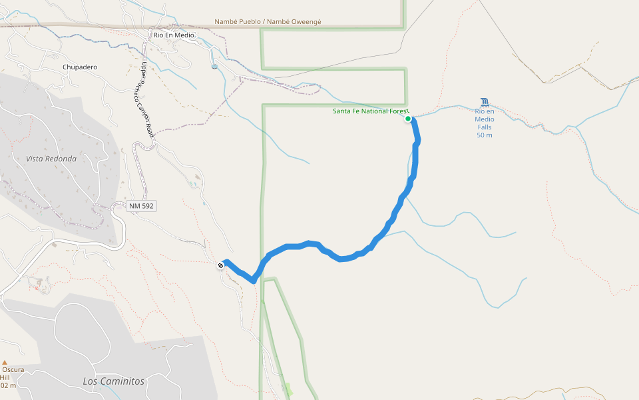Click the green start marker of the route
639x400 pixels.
(x=408, y=119)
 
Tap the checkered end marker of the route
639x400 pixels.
(x=221, y=265)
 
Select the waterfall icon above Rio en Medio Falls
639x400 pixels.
(x=485, y=102)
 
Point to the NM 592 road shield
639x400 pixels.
(x=141, y=206)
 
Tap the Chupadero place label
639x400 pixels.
(x=80, y=67)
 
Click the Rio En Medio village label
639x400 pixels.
(x=174, y=35)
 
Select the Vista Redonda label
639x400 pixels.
(x=51, y=159)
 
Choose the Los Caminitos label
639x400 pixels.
(x=113, y=381)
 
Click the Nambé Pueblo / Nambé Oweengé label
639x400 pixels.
(x=268, y=21)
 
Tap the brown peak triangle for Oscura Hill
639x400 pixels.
(x=5, y=363)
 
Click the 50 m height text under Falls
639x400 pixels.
(x=484, y=135)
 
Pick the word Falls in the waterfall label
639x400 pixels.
(x=484, y=127)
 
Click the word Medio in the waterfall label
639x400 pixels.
(x=484, y=119)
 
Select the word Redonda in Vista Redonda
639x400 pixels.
(x=61, y=159)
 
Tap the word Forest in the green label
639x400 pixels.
(x=397, y=111)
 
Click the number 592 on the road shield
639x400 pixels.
(x=147, y=206)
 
